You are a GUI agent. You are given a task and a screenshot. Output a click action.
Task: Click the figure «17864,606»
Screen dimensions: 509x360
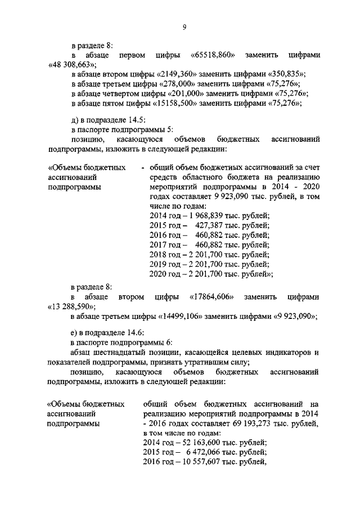[x=212, y=296]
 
